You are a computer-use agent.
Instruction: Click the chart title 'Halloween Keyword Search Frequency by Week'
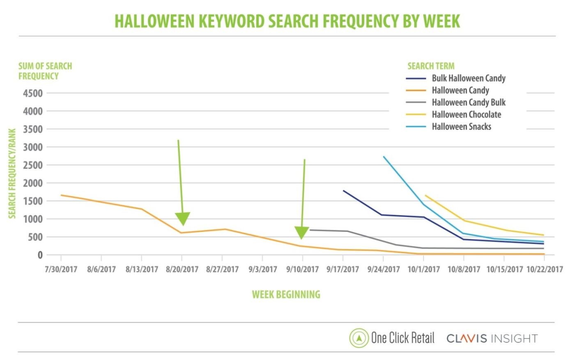point(287,21)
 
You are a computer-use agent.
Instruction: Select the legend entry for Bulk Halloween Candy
point(468,78)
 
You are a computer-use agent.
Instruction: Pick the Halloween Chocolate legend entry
point(466,115)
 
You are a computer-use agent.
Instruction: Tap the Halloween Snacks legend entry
point(461,127)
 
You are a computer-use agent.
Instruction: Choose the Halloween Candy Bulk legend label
point(468,102)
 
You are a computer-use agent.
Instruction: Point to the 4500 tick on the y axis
point(33,93)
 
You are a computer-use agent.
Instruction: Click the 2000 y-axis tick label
point(33,183)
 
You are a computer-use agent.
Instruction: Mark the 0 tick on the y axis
point(40,255)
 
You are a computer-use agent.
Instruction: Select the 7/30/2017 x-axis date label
point(61,270)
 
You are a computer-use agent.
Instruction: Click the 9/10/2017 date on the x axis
point(303,270)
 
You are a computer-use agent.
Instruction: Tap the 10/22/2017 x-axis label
point(545,270)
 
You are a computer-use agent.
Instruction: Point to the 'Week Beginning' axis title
point(286,295)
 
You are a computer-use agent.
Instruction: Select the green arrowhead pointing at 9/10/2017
point(302,233)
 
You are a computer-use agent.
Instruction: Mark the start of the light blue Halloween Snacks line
point(384,157)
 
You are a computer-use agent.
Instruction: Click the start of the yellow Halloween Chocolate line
point(425,195)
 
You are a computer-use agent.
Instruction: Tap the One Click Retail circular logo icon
point(359,338)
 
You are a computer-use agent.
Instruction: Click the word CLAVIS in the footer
point(467,339)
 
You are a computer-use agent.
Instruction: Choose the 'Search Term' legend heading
point(431,66)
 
